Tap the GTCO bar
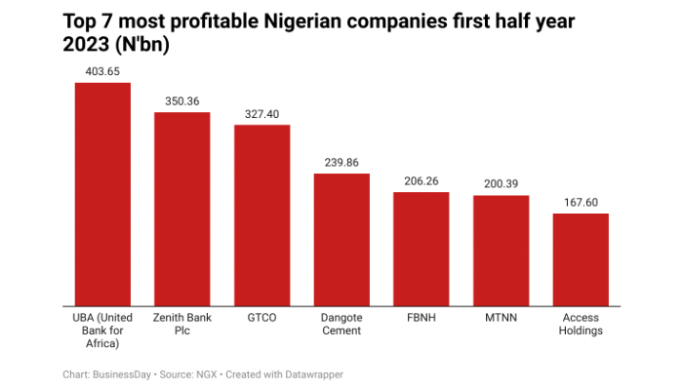tap(261, 214)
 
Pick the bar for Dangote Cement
tap(341, 238)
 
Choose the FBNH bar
tap(422, 248)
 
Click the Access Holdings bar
tap(581, 258)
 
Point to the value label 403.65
tap(102, 71)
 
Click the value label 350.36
tap(182, 100)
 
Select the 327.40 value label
tap(261, 114)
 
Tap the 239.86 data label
tap(341, 162)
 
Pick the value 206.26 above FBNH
tap(422, 181)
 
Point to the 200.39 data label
tap(502, 184)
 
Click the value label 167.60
tap(581, 203)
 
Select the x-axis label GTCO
tap(261, 317)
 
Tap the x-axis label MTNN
tap(502, 317)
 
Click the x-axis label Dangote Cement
tap(341, 324)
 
